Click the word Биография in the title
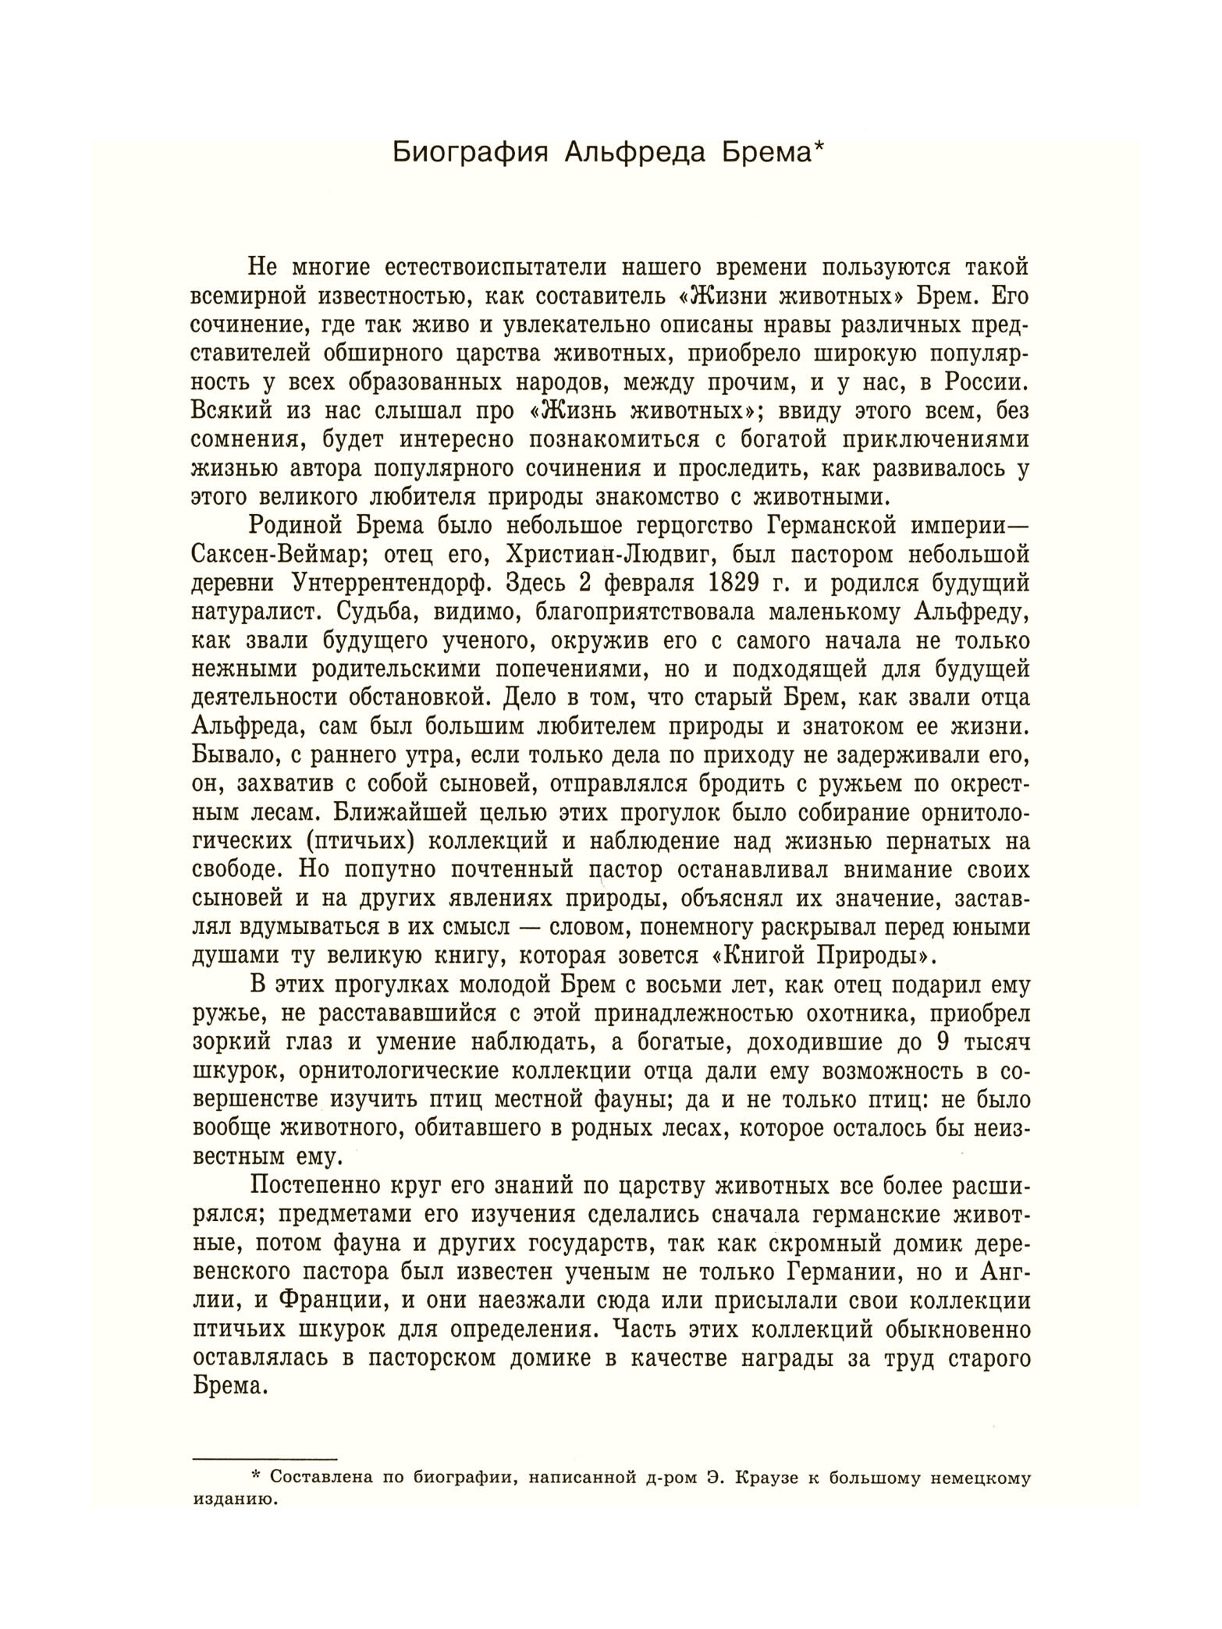tap(466, 151)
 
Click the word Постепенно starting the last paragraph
tap(319, 1187)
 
